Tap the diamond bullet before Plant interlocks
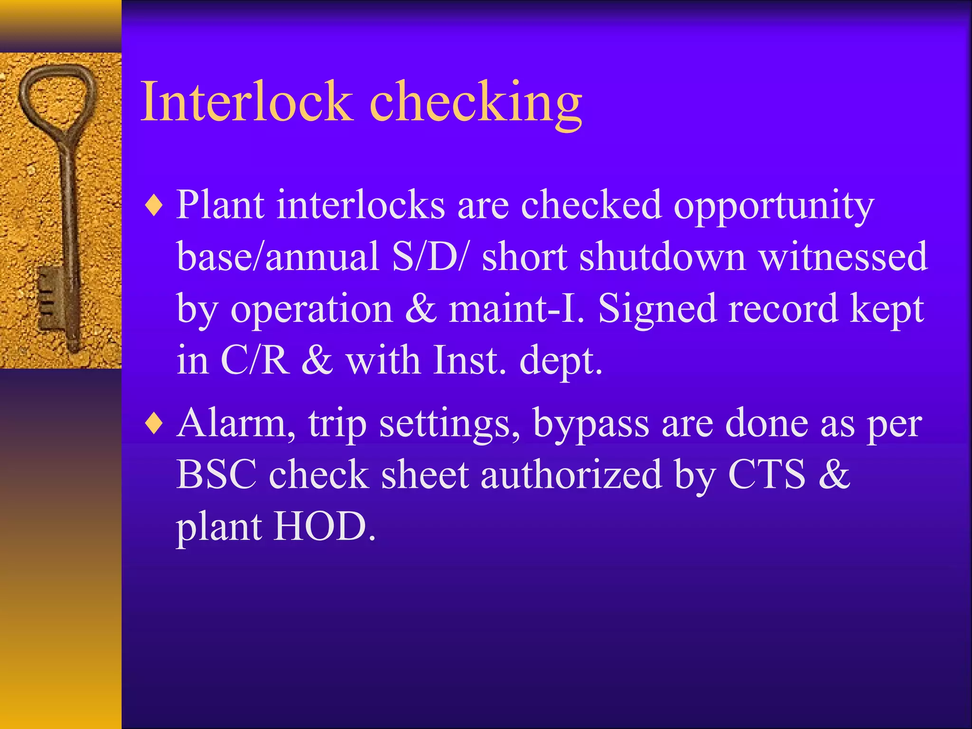pyautogui.click(x=154, y=206)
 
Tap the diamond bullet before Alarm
pyautogui.click(x=154, y=424)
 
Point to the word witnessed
pyautogui.click(x=842, y=257)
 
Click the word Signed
pyautogui.click(x=657, y=308)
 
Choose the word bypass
pyautogui.click(x=591, y=424)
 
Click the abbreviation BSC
pyautogui.click(x=216, y=475)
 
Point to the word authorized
pyautogui.click(x=571, y=475)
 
